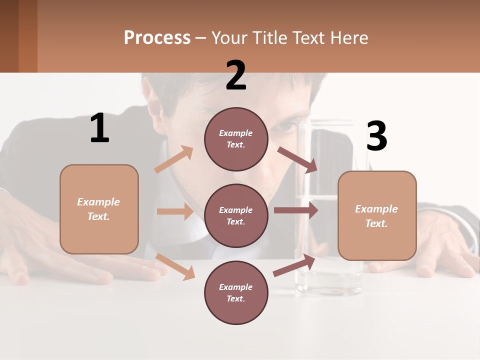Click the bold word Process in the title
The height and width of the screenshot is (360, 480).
coord(157,38)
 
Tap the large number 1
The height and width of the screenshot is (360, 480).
coord(99,128)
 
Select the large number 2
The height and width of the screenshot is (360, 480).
coord(236,75)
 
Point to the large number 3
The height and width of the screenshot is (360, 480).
coord(376,136)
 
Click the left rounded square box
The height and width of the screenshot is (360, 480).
coord(99,209)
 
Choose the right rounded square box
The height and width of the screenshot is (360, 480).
coord(377,215)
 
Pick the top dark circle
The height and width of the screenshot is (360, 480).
coord(236,139)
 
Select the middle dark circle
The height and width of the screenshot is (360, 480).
coord(236,215)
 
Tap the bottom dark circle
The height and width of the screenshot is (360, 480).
coord(236,292)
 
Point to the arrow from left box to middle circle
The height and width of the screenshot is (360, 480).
coord(175,211)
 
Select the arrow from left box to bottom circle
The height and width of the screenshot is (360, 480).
coord(175,266)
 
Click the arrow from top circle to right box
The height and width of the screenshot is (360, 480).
coord(297,159)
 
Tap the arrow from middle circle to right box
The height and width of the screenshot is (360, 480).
coord(295,210)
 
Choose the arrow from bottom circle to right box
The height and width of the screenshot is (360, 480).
coord(294,265)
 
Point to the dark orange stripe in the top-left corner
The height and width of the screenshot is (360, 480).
coord(27,36)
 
